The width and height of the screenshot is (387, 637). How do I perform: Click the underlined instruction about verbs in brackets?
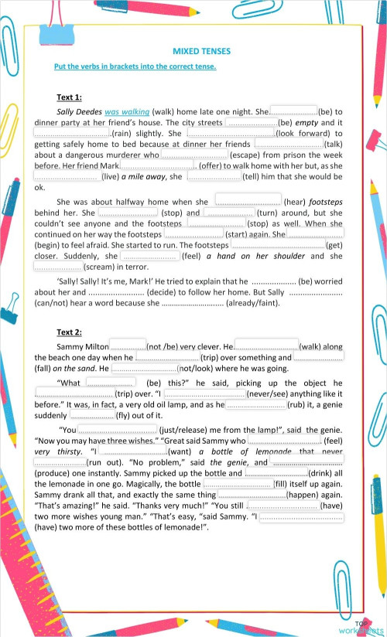135,66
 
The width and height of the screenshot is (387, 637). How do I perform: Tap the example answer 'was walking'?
127,111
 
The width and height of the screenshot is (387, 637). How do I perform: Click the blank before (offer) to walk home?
159,165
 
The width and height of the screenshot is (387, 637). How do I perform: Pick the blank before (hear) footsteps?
248,202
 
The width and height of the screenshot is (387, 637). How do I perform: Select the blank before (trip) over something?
167,358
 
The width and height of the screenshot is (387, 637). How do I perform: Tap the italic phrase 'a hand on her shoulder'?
258,256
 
